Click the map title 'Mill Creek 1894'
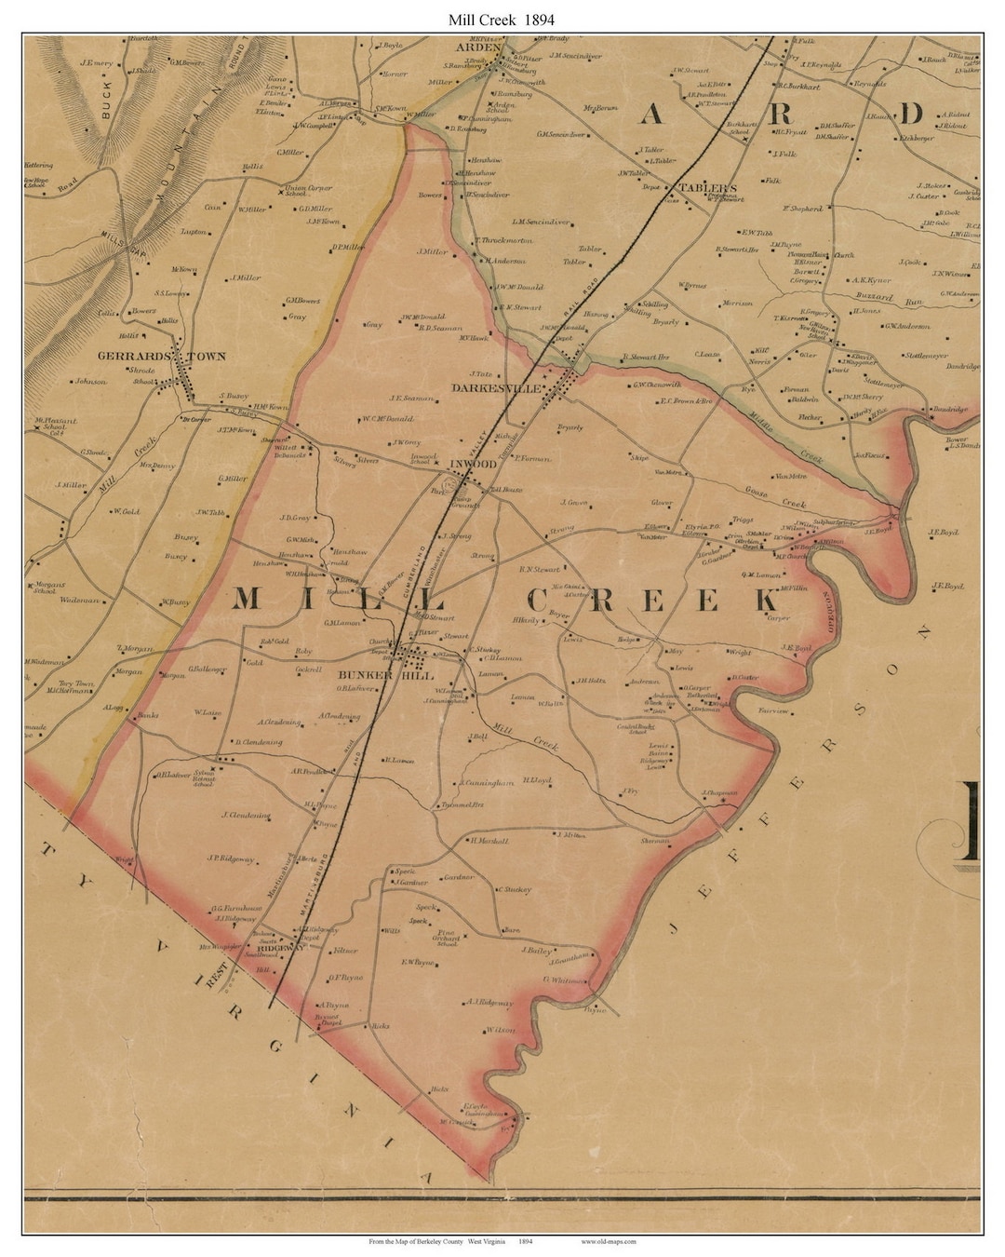[x=502, y=18]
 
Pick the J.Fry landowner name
[x=629, y=791]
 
